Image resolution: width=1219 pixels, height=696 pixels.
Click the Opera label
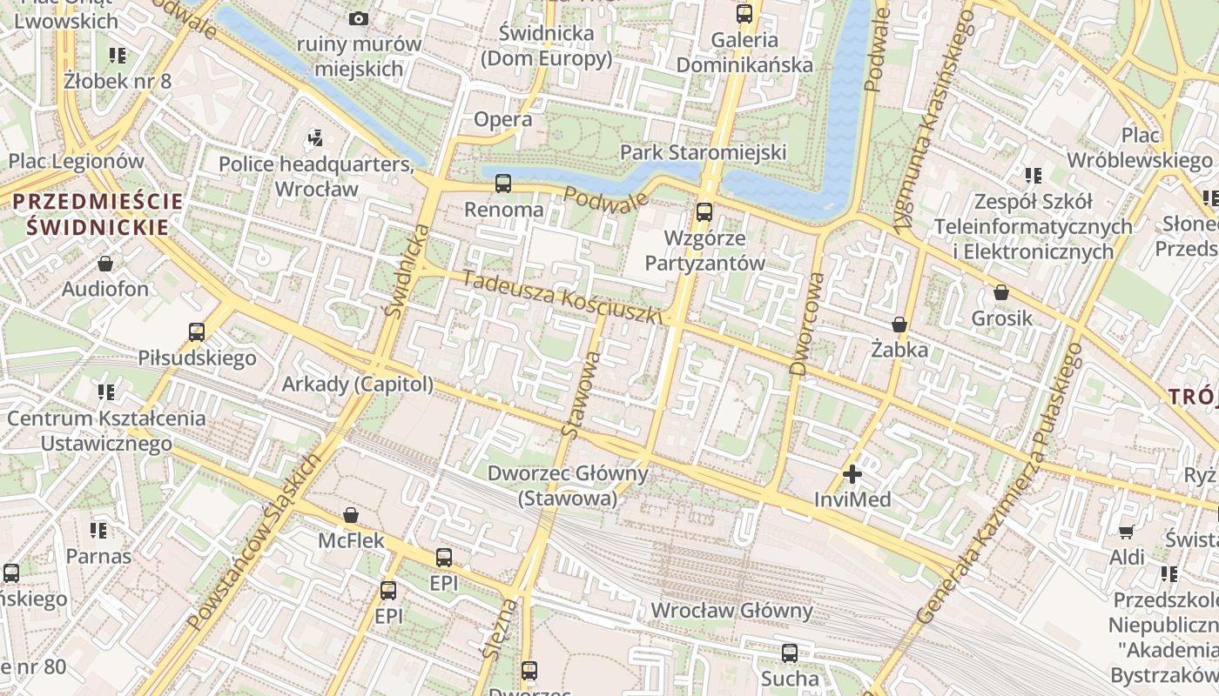[502, 120]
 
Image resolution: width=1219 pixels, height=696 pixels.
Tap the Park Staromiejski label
[703, 153]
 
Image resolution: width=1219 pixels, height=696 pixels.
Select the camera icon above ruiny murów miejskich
[358, 18]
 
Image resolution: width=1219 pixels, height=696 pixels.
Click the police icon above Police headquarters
[315, 137]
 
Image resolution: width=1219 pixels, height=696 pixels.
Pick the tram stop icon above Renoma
[503, 184]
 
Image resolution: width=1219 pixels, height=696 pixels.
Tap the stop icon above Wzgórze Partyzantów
[704, 211]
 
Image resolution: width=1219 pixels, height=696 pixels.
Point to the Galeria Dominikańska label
[744, 52]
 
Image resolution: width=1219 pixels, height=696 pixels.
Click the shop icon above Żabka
[899, 325]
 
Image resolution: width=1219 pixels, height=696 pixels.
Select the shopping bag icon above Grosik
[1001, 292]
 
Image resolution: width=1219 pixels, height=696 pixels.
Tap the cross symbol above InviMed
[852, 474]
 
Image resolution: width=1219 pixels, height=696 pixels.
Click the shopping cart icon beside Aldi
[1126, 532]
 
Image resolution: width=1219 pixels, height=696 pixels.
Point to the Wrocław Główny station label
[731, 611]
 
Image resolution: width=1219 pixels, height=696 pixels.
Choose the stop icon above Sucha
[790, 652]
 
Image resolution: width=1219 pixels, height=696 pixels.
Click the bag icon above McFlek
[350, 515]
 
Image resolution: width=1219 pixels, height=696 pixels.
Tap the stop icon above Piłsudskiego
[197, 331]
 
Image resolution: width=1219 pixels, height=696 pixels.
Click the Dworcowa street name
[805, 324]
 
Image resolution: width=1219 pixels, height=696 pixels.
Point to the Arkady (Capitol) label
[357, 385]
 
